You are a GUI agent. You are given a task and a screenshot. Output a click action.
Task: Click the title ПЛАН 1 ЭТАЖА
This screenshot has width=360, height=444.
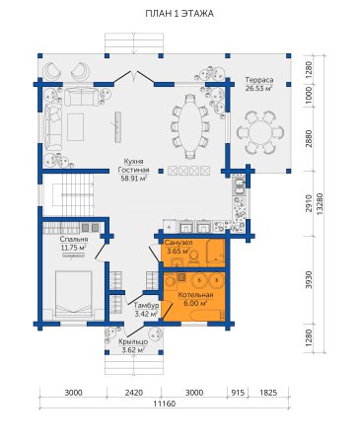[x=180, y=14]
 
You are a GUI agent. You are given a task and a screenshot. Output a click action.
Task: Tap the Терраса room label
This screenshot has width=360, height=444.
[x=259, y=80]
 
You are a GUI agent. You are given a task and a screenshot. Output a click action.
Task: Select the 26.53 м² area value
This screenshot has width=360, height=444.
[x=259, y=88]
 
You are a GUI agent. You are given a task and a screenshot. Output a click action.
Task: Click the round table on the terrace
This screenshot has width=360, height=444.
[x=259, y=132]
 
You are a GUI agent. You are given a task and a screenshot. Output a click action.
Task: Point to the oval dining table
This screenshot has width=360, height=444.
[x=190, y=126]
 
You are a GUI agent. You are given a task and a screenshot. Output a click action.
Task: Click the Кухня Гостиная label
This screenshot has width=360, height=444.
[x=133, y=166]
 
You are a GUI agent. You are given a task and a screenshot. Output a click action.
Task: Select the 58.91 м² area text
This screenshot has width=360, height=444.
[x=133, y=179]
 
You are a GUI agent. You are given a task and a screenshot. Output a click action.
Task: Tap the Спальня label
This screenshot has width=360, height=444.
[x=74, y=239]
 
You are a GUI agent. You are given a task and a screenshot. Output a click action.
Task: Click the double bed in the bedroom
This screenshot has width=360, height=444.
[x=73, y=294]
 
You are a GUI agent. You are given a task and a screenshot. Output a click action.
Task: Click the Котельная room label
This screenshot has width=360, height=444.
[x=195, y=295]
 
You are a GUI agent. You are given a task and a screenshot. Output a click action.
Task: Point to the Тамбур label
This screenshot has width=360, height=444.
[x=146, y=306]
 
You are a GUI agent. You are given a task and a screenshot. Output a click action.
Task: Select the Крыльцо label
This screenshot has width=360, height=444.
[x=133, y=342]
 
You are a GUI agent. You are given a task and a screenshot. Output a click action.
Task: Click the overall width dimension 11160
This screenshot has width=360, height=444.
[x=165, y=404]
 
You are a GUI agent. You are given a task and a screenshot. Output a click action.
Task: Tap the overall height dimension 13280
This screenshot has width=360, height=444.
[x=319, y=204]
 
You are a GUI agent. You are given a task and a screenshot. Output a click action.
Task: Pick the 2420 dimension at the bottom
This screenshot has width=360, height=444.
[x=134, y=393]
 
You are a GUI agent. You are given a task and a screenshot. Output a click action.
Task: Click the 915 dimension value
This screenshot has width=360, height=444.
[x=238, y=393]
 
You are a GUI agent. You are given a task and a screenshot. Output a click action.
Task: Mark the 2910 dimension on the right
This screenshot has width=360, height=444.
[x=309, y=203]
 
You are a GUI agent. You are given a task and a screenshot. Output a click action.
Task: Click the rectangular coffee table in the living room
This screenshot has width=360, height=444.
[x=75, y=127]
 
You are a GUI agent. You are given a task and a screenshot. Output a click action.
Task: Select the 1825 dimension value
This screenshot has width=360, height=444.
[x=268, y=393]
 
